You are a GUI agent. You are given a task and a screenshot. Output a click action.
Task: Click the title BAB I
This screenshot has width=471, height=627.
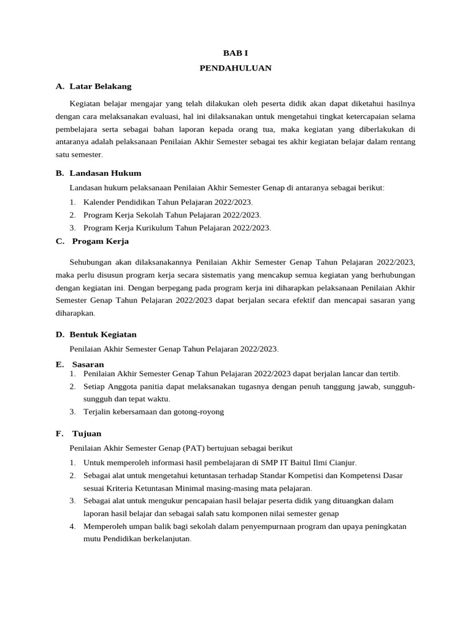(235, 54)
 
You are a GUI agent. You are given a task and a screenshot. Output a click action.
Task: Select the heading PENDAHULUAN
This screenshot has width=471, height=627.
(235, 68)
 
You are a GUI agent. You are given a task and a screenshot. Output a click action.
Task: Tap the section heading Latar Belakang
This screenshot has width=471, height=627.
(101, 86)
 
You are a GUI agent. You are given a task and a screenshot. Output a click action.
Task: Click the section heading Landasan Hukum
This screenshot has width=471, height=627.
(105, 173)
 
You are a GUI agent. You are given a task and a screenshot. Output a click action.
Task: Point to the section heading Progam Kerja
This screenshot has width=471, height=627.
(101, 241)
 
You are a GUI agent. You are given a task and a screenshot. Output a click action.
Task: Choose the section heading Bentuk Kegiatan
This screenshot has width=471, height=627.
(103, 334)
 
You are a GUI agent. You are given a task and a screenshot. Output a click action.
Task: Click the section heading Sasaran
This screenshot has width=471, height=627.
(88, 364)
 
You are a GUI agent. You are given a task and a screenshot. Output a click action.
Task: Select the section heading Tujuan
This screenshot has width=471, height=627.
(86, 434)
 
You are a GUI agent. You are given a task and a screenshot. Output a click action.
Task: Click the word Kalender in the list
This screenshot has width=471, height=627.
(99, 201)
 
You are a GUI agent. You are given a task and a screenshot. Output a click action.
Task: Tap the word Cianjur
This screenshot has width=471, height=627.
(342, 462)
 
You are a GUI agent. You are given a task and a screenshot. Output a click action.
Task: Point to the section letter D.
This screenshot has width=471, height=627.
(59, 334)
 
